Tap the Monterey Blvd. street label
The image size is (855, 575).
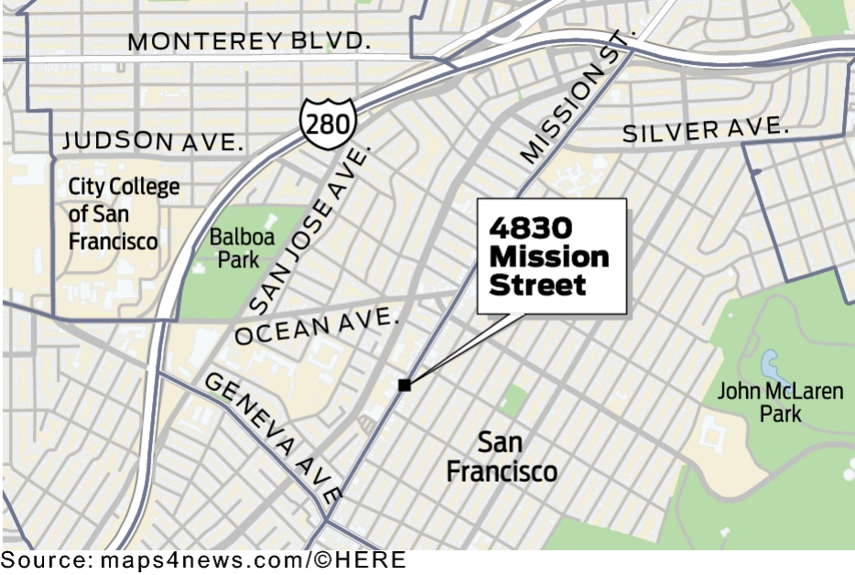pos(250,41)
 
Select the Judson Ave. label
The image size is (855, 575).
pos(153,141)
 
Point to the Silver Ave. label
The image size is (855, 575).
pos(705,130)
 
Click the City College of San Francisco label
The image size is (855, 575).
pos(124,214)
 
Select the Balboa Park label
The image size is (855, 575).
pos(241,248)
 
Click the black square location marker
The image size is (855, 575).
pos(404,385)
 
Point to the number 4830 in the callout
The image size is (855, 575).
pos(530,228)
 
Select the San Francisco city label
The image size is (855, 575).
pos(501,457)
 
